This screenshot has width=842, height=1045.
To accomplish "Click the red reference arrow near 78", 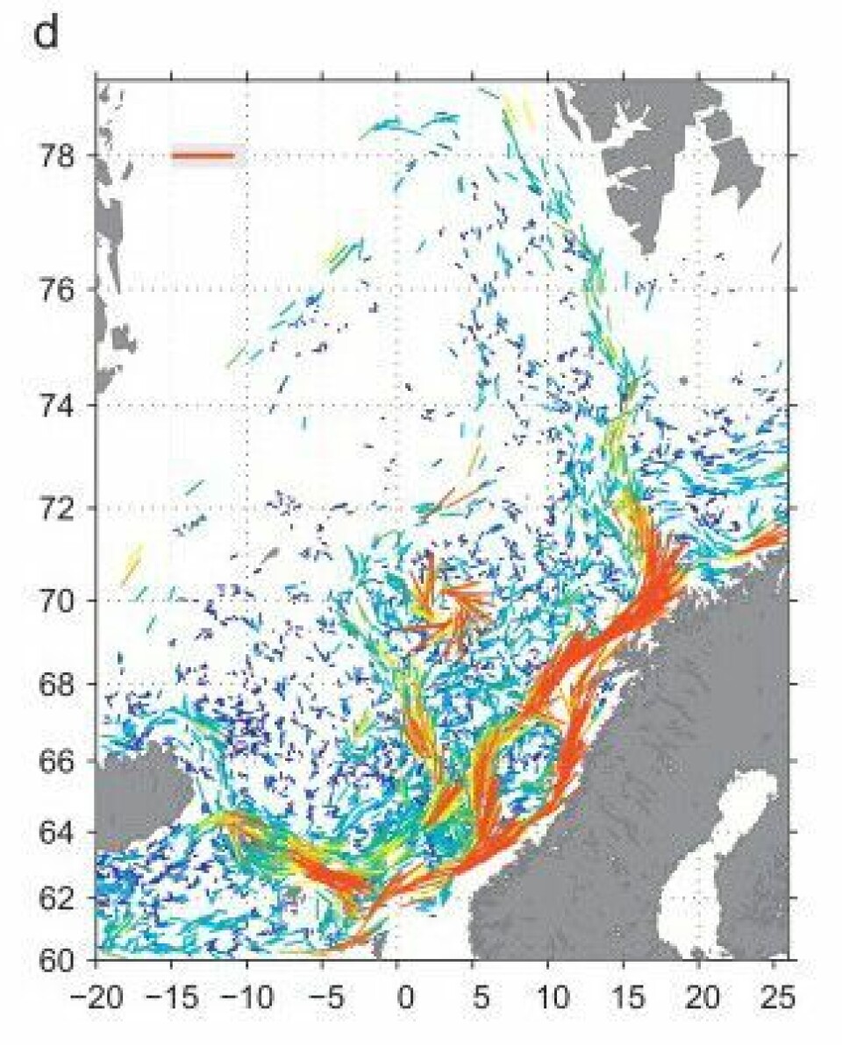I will [x=203, y=155].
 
